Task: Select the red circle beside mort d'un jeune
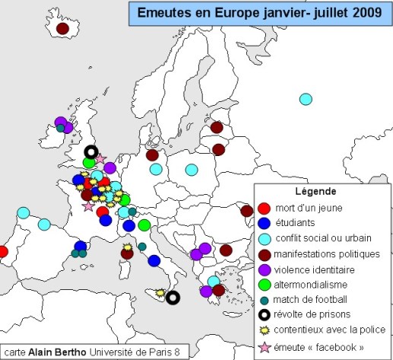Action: click(x=244, y=209)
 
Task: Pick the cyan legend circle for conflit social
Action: click(x=244, y=238)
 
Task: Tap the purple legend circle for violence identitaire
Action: click(x=244, y=269)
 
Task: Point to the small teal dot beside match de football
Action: click(x=244, y=299)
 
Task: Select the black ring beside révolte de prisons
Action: click(x=244, y=314)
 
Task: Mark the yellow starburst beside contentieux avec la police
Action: click(x=244, y=330)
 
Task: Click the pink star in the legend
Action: click(x=244, y=346)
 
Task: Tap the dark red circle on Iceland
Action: click(x=63, y=28)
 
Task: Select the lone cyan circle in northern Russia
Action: click(x=306, y=99)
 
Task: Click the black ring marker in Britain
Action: click(x=91, y=151)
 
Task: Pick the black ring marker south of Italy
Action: click(x=173, y=298)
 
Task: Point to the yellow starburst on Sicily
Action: click(x=160, y=292)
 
